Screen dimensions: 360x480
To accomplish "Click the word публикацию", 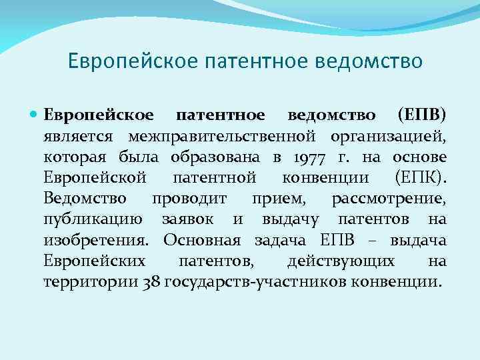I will click(x=92, y=219).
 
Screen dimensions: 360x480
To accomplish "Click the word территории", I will click(x=91, y=281).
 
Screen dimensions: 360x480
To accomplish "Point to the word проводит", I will click(x=189, y=199).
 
